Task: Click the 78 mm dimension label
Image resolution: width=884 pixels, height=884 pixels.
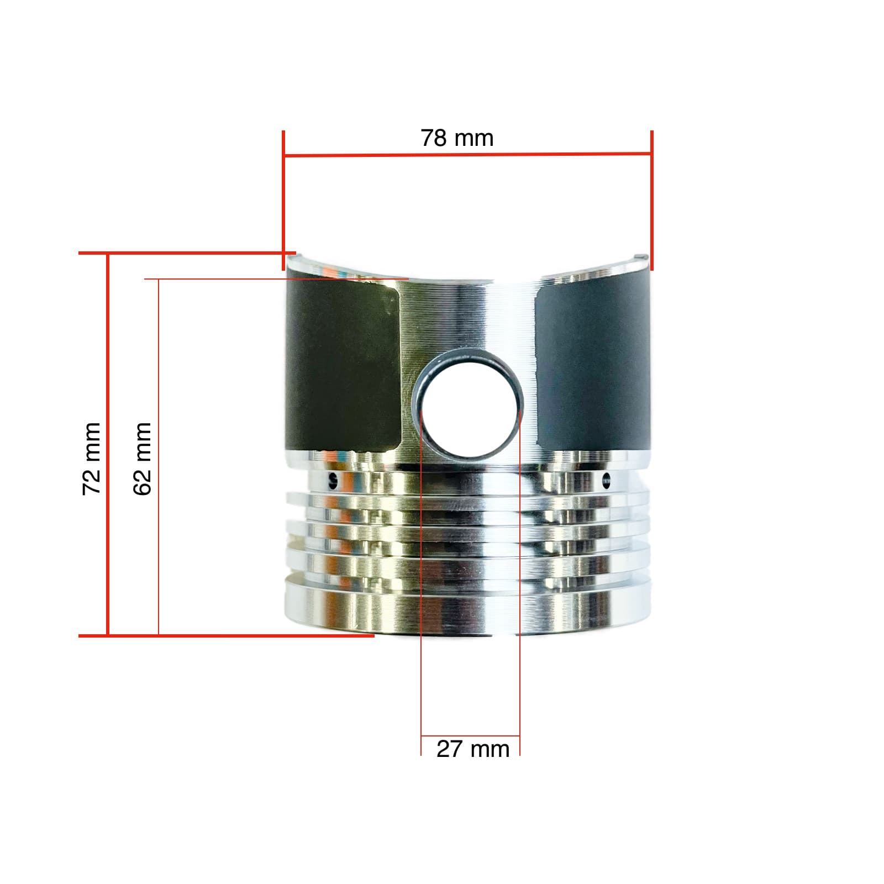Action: click(457, 138)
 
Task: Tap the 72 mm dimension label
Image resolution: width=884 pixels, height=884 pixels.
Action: click(92, 458)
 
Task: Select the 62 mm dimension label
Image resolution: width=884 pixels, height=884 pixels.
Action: click(143, 458)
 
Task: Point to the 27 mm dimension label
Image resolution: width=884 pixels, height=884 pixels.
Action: click(472, 749)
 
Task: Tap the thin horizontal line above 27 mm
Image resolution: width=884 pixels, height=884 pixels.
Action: click(470, 736)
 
